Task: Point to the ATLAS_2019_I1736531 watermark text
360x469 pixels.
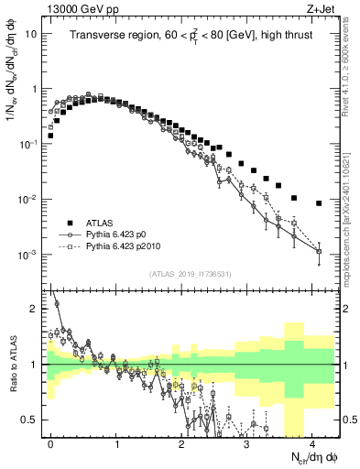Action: click(x=190, y=274)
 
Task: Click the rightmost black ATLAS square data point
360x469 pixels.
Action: click(x=319, y=203)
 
